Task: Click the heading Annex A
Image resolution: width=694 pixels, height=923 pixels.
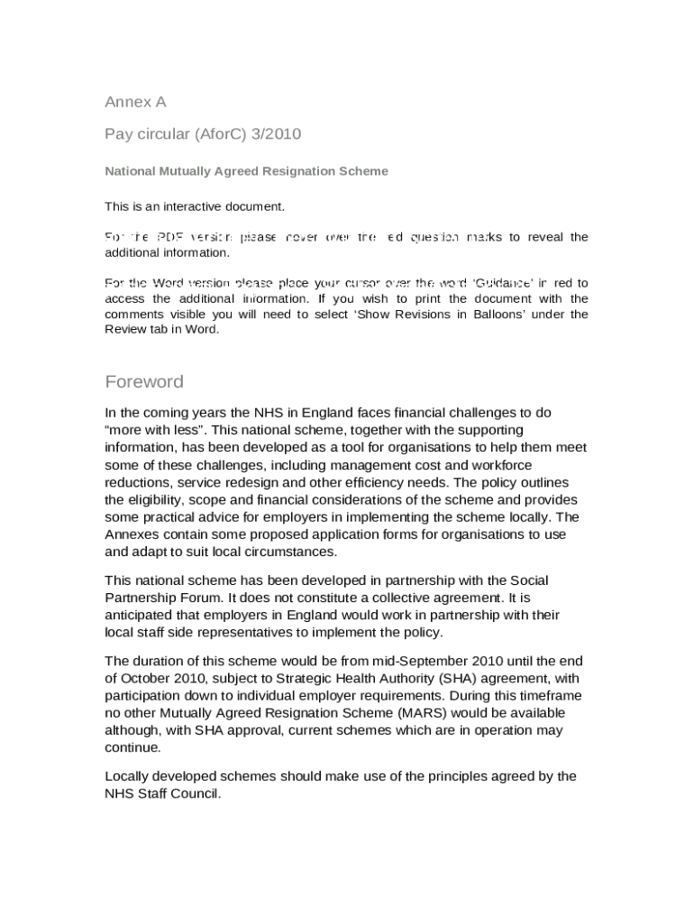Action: [135, 102]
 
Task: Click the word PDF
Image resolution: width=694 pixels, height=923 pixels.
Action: [170, 237]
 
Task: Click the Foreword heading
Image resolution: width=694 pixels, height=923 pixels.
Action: [144, 381]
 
